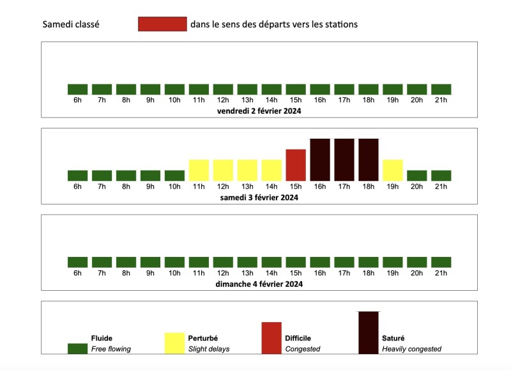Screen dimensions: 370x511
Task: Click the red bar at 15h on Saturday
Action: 296,165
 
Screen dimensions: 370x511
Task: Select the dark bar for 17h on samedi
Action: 344,160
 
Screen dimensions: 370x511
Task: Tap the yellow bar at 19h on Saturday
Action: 393,170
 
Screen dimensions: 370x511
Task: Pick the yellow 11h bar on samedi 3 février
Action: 199,170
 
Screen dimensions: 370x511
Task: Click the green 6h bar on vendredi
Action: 77,89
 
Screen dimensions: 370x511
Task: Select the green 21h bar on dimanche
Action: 441,262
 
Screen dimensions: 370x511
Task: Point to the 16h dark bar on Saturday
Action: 320,160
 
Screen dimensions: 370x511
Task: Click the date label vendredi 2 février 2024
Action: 259,111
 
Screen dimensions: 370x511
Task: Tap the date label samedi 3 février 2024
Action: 259,197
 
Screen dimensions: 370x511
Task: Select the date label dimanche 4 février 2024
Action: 259,284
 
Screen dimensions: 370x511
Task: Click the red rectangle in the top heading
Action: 162,24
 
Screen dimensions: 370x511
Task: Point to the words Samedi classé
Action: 70,24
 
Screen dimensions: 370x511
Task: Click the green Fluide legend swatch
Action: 77,348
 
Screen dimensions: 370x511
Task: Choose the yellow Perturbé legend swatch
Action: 174,343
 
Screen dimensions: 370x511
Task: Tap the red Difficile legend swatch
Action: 271,338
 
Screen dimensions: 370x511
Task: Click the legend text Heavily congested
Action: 411,349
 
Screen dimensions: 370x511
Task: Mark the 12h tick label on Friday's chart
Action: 223,100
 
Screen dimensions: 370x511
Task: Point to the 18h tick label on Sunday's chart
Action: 369,274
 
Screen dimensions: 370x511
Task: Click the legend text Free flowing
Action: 111,349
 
